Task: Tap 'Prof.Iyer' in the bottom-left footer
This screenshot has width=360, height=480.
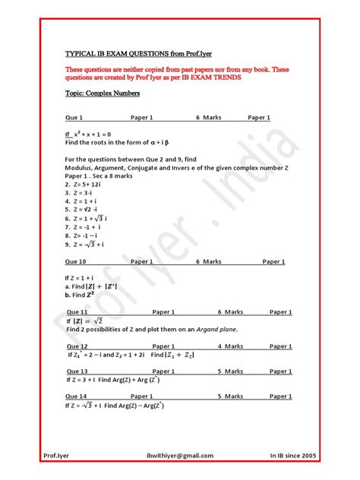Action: tap(59, 455)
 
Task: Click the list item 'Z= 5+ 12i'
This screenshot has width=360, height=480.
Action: tap(90, 184)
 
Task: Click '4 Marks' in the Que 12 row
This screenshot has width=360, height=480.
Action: tap(230, 346)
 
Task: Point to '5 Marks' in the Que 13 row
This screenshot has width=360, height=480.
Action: tap(230, 371)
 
